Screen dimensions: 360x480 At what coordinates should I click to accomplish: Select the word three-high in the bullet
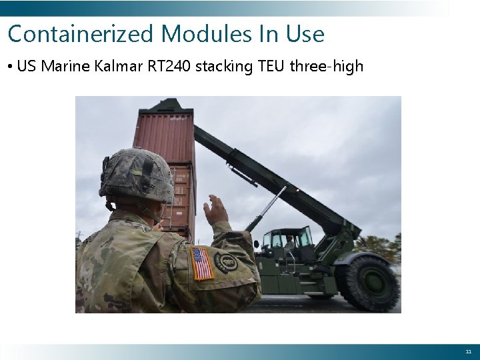tap(327, 66)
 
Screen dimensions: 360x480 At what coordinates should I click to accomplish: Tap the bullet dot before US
tap(11, 67)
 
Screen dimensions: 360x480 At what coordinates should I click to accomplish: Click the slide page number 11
tap(467, 351)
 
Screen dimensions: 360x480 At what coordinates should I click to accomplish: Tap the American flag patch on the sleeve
tap(201, 263)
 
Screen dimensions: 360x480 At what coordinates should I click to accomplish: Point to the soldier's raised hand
tap(216, 210)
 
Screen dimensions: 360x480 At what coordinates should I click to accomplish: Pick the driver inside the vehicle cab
tap(289, 242)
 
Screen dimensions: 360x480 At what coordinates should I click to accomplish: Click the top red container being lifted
tap(165, 137)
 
